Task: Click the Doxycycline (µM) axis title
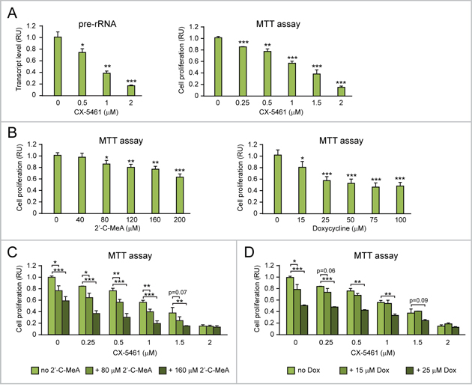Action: pos(337,228)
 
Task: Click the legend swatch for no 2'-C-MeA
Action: pos(24,370)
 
